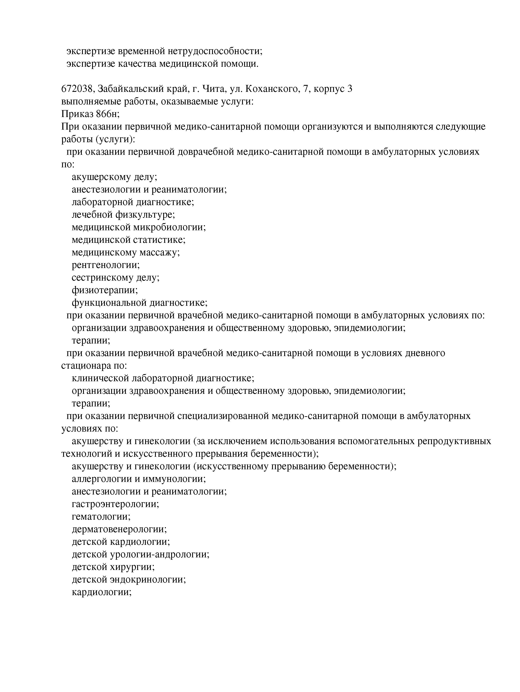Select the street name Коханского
tap(272, 89)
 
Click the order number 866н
tap(108, 114)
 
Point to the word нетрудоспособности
tap(215, 51)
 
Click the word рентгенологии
tap(106, 265)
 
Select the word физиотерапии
tap(104, 290)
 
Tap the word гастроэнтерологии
tap(115, 504)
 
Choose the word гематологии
tap(101, 516)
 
